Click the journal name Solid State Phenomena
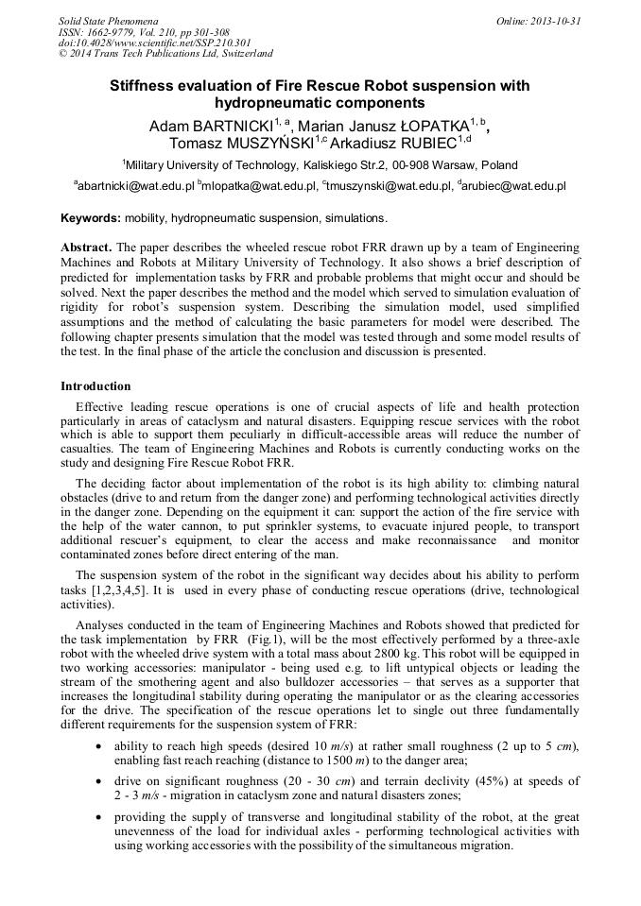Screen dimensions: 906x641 108,20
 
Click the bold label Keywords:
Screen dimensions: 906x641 91,218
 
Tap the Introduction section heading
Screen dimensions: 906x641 95,386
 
